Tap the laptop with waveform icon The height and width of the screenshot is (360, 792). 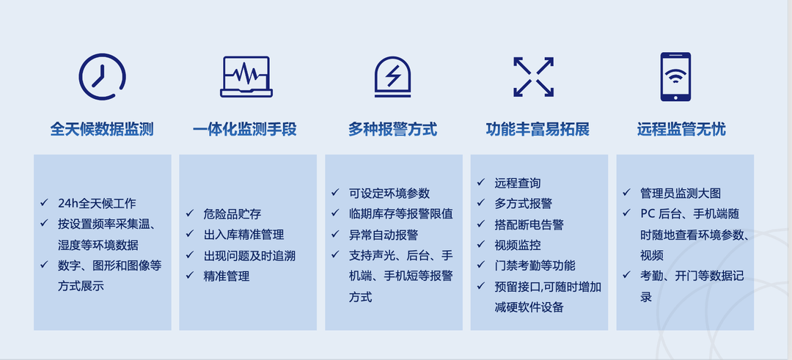tap(246, 76)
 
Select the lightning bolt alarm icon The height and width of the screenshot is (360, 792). tap(392, 76)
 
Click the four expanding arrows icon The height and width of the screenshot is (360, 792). tap(534, 77)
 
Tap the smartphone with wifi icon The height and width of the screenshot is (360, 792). tap(675, 77)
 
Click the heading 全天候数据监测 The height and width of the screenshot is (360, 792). tap(101, 130)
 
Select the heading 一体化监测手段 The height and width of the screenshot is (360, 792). tap(244, 130)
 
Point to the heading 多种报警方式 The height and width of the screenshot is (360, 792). tap(392, 130)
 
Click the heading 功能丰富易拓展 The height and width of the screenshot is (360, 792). tap(538, 130)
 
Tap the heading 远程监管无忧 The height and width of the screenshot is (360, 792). tap(681, 130)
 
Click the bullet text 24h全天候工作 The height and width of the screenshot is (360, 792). tap(97, 204)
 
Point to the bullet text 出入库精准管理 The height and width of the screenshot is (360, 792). tap(244, 235)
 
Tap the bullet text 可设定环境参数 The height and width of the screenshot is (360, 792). tap(389, 193)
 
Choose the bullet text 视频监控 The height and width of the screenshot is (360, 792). tap(518, 245)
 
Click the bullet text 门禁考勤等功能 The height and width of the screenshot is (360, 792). tap(535, 265)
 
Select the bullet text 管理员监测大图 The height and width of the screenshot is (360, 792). tap(681, 193)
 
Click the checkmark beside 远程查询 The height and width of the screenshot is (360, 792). tap(481, 182)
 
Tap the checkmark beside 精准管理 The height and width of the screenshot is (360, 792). tap(190, 275)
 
